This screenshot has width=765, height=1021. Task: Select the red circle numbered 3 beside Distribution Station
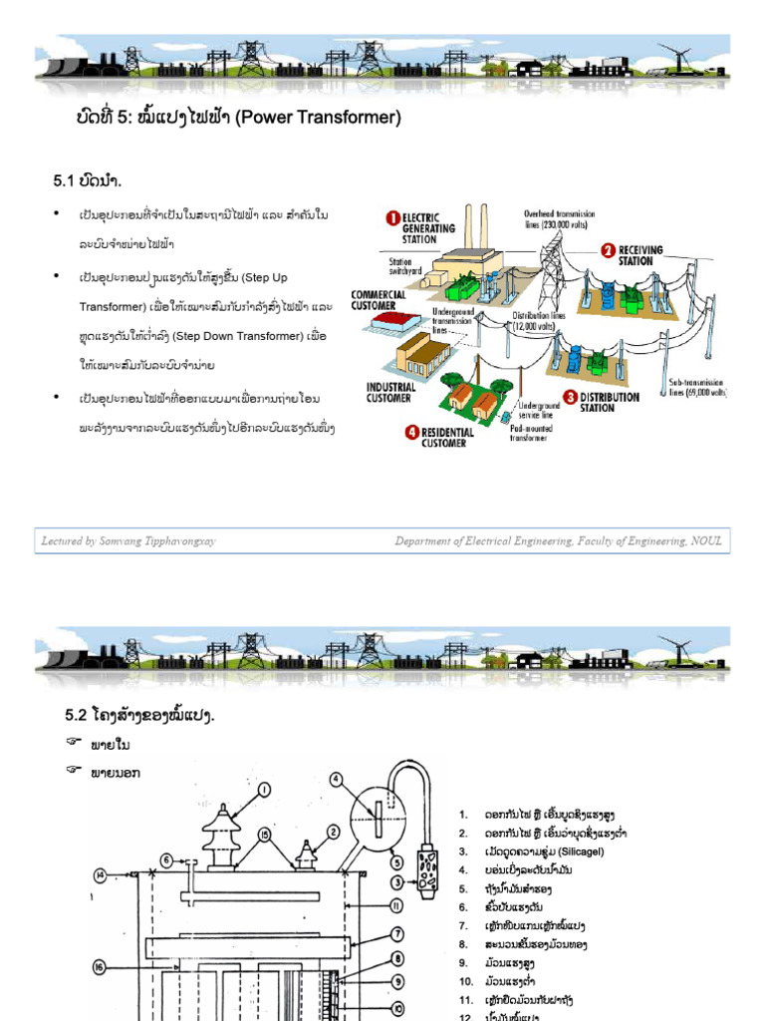pos(570,397)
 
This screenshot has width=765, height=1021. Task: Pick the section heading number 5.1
pos(65,180)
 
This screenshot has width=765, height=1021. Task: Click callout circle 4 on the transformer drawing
pos(338,779)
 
